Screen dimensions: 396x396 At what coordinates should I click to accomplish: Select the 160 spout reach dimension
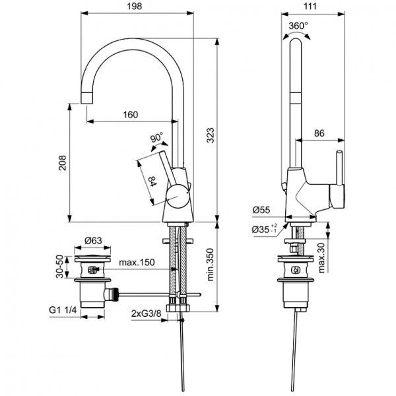pos(130,115)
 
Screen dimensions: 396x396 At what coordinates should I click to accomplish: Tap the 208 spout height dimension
pos(62,163)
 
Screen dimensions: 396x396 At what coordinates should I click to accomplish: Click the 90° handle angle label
pos(156,139)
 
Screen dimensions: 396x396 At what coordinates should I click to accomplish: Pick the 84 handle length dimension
pos(152,181)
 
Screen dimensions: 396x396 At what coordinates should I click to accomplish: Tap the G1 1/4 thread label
pos(63,309)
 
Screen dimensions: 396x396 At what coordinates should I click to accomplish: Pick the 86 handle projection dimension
pos(319,133)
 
